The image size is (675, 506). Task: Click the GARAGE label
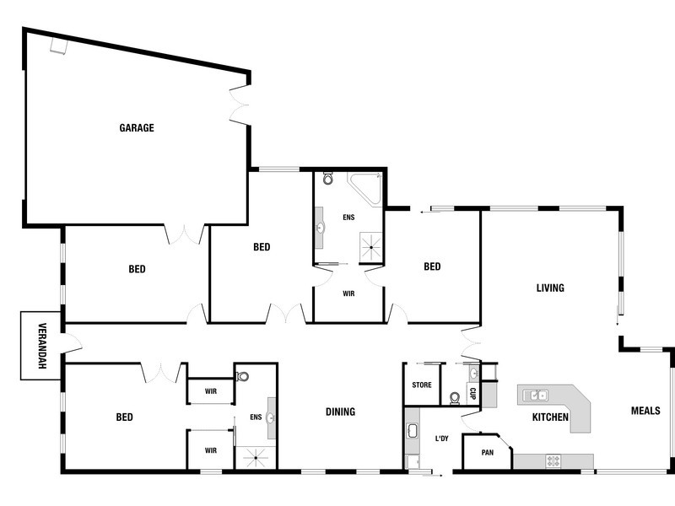click(136, 128)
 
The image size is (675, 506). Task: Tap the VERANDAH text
click(40, 347)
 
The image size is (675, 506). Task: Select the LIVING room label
click(549, 288)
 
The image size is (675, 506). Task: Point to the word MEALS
click(645, 411)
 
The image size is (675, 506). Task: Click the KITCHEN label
click(549, 417)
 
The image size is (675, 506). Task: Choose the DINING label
click(340, 412)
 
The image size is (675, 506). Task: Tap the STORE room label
click(422, 385)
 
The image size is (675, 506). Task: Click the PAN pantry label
click(487, 452)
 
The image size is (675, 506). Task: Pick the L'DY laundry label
click(441, 439)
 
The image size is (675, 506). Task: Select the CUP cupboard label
click(473, 392)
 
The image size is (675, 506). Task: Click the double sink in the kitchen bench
click(536, 395)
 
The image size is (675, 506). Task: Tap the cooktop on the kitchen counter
click(554, 460)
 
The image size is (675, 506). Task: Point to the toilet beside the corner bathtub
click(327, 179)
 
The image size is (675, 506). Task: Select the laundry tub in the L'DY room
click(413, 432)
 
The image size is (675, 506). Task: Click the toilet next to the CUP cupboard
click(455, 396)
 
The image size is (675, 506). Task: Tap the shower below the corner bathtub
click(370, 246)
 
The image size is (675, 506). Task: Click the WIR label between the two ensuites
click(348, 293)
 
